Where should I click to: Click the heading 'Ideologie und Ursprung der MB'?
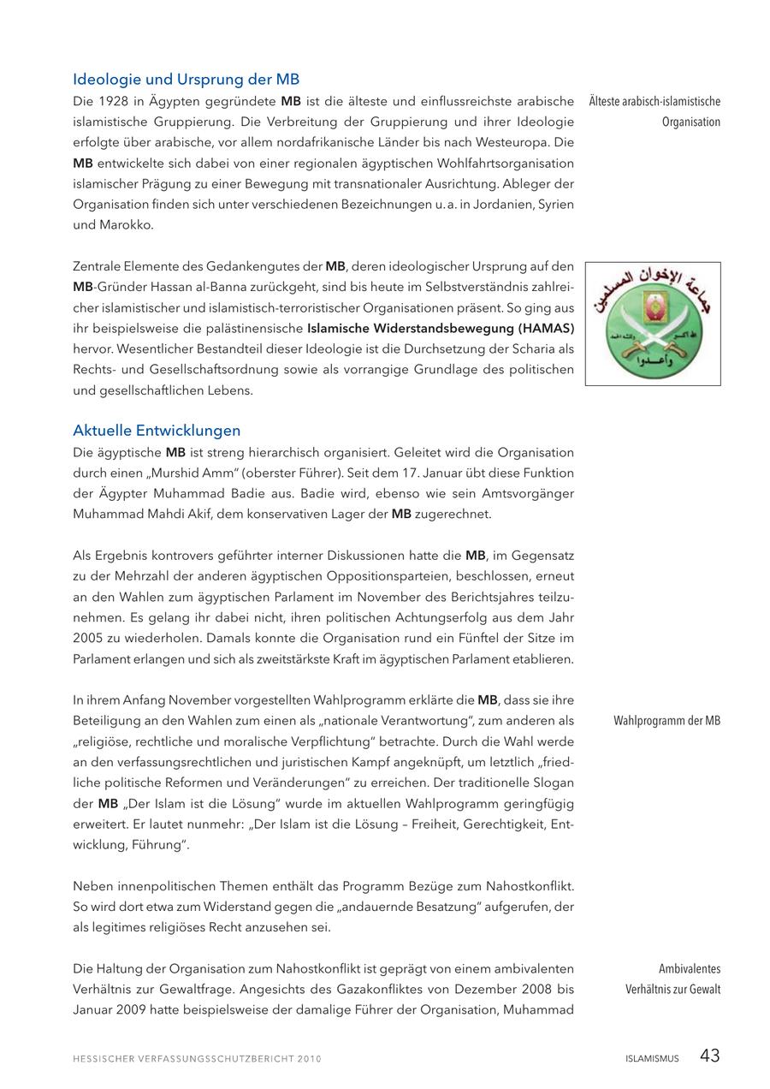pyautogui.click(x=186, y=80)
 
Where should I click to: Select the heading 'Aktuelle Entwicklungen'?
pyautogui.click(x=157, y=431)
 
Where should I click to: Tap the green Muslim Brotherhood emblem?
pyautogui.click(x=653, y=324)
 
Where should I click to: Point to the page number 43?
pyautogui.click(x=709, y=1056)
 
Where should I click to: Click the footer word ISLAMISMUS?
pyautogui.click(x=652, y=1059)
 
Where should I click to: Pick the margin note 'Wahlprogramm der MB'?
pyautogui.click(x=666, y=721)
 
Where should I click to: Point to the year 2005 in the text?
pyautogui.click(x=87, y=638)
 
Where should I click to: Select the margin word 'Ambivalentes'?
pyautogui.click(x=690, y=969)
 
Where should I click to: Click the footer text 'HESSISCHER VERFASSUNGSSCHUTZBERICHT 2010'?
pyautogui.click(x=197, y=1059)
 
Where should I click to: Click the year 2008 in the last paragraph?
pyautogui.click(x=541, y=989)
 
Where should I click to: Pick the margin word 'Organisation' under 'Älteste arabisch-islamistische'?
pyautogui.click(x=690, y=122)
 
